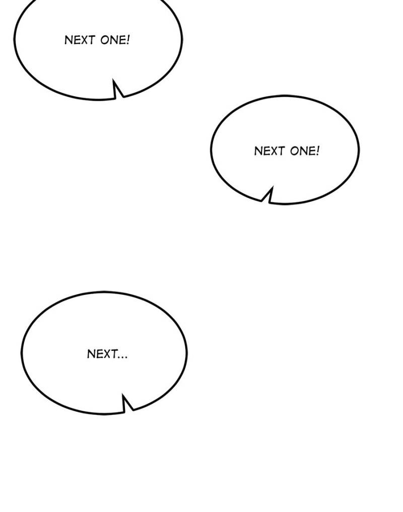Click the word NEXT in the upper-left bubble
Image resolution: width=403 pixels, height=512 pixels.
coord(80,40)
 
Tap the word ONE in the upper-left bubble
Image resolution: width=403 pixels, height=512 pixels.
coord(113,40)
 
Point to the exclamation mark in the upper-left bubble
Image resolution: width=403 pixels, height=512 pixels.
coord(128,40)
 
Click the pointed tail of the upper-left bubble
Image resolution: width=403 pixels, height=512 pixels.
coord(114,81)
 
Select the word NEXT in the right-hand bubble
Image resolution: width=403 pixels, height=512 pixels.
coord(270,151)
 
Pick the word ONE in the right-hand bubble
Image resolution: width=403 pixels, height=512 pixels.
coord(303,151)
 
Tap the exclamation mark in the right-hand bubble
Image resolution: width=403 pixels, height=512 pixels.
coord(318,151)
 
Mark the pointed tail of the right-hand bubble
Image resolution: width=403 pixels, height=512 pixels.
coord(272,188)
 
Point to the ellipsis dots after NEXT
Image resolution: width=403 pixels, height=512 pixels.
coord(122,357)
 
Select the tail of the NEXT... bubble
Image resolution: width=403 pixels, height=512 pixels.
coord(123,396)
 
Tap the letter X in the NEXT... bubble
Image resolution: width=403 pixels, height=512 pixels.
coord(107,353)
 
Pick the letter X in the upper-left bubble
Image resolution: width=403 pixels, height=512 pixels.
coord(84,40)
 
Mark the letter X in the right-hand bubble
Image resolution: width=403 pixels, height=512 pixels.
coord(274,151)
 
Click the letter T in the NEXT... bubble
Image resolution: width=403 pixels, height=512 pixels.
coord(114,353)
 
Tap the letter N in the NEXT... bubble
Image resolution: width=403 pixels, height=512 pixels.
coord(91,353)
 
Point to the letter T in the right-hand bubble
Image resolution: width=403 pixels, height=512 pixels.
coord(282,151)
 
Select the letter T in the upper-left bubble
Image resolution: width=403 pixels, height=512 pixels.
coord(92,40)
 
